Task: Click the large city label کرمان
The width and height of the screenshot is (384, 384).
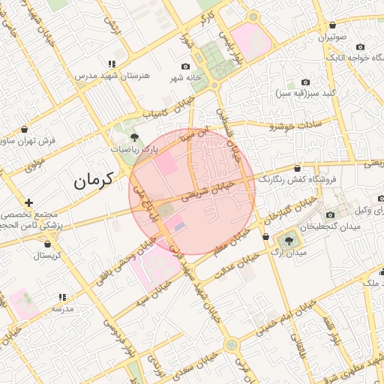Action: tap(93, 180)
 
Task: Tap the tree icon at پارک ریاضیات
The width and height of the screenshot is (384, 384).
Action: tap(134, 137)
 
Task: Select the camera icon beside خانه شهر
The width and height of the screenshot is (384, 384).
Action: tap(185, 66)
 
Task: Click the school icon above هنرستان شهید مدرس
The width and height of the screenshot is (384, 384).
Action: tap(112, 64)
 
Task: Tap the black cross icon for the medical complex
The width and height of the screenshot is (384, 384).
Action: tap(28, 202)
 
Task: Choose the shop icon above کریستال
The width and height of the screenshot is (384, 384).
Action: tap(49, 244)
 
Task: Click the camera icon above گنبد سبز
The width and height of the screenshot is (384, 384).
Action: tap(305, 82)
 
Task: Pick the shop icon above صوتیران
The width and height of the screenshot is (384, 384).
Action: tap(332, 25)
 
